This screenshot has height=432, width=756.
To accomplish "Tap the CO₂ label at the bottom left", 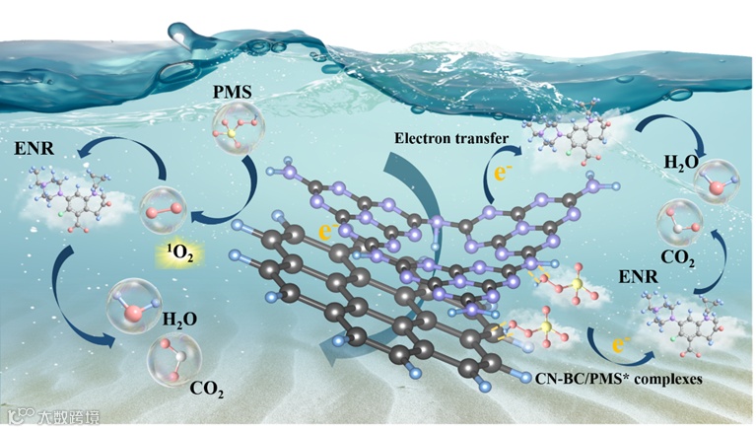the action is pos(207,392).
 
